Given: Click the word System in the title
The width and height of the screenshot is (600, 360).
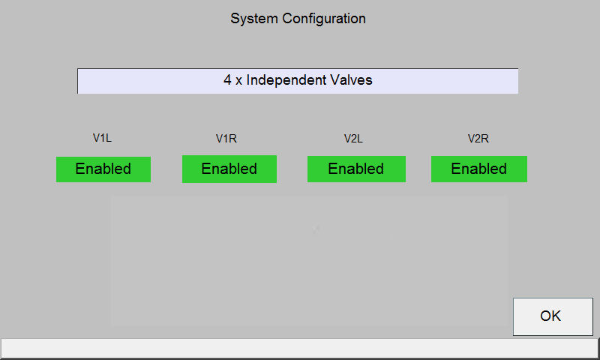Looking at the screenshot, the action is click(x=254, y=19).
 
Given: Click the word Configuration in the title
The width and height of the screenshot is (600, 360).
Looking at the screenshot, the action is click(x=324, y=19).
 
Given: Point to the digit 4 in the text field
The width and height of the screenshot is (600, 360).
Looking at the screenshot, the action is click(x=228, y=80).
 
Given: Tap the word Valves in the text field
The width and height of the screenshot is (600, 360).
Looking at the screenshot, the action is click(x=351, y=80).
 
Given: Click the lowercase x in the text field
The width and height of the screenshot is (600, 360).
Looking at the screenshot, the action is click(x=238, y=82).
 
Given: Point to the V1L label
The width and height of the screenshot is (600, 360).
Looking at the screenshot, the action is click(x=102, y=138).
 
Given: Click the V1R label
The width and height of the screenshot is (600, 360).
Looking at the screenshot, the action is click(x=226, y=139).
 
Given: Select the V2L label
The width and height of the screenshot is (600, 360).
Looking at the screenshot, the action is click(x=353, y=139).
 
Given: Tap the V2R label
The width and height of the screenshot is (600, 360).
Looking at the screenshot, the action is click(x=478, y=139).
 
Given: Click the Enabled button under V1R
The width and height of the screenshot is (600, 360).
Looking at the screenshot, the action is click(x=229, y=169).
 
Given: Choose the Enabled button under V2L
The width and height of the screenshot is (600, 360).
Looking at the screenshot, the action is click(x=356, y=169).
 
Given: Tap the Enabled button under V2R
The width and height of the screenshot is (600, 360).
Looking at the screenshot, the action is click(x=479, y=169).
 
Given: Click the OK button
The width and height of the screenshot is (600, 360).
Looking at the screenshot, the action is click(x=553, y=316).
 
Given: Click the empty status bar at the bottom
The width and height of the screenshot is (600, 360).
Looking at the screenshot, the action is click(x=299, y=348).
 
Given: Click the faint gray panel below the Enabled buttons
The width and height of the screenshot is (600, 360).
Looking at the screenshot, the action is click(x=309, y=261).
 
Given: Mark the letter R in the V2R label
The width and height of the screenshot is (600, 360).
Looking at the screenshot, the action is click(x=484, y=139).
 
